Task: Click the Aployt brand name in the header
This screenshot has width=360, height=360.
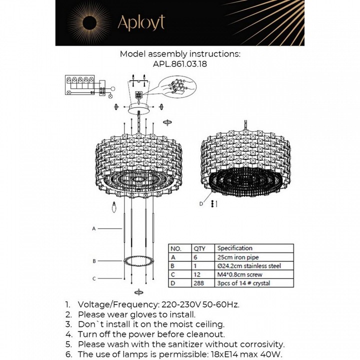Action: [140, 22]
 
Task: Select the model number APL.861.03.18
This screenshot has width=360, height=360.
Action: [180, 64]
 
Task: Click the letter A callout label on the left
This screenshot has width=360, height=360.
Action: [93, 228]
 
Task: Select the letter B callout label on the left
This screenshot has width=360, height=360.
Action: [93, 261]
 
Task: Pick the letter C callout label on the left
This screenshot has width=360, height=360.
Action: [93, 278]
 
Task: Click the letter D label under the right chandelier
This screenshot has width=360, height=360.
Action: [201, 203]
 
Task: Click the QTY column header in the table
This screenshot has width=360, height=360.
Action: [199, 248]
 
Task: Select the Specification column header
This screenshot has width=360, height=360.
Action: [235, 248]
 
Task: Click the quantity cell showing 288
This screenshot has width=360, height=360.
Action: [198, 283]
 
